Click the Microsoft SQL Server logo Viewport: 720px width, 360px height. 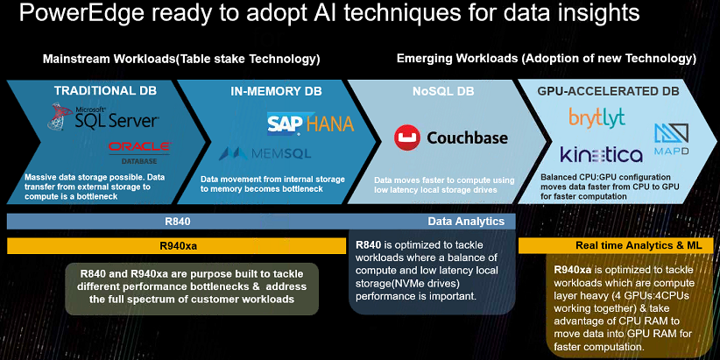102,116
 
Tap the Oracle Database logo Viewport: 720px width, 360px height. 139,152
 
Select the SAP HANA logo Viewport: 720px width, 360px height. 310,123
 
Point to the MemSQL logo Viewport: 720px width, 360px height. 265,153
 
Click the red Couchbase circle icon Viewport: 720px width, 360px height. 406,138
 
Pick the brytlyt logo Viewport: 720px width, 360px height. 596,117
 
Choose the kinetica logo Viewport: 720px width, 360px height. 601,154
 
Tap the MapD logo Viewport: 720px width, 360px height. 671,138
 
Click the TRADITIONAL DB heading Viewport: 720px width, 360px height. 105,90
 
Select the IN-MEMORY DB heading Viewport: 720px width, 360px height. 277,91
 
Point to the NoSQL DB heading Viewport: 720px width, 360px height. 443,91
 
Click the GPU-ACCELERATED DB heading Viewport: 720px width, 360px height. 609,91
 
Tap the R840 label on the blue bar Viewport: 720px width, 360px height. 178,222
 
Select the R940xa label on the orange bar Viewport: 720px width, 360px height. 178,245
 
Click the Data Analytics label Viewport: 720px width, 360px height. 466,222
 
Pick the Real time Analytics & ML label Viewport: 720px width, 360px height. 639,245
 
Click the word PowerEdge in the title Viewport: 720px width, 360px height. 81,14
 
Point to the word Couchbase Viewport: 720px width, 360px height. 468,138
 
